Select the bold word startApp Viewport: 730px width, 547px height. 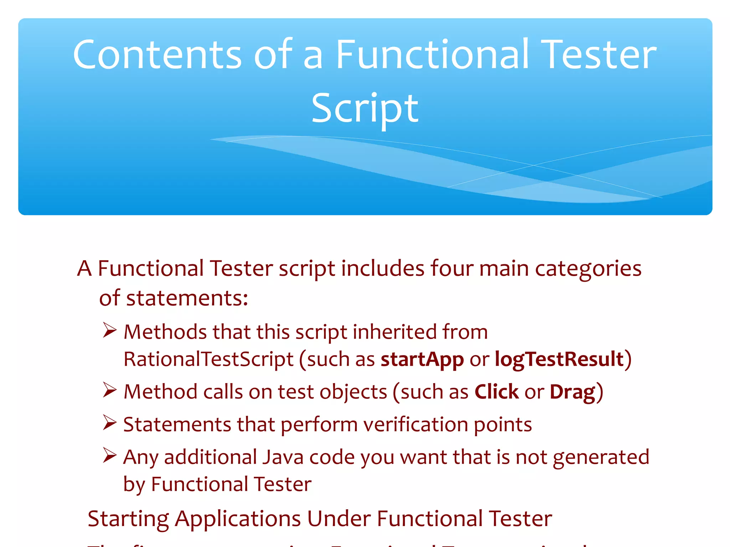(422, 359)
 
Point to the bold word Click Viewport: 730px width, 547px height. (497, 392)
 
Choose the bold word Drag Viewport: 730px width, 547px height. (572, 392)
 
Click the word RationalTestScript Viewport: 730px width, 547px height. (209, 359)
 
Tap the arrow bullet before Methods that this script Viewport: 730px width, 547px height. (109, 330)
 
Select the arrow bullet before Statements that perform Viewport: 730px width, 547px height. (109, 423)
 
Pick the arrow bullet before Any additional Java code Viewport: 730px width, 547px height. (109, 455)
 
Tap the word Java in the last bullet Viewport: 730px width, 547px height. (283, 457)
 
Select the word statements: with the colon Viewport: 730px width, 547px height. (187, 298)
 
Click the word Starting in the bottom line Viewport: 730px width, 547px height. (128, 519)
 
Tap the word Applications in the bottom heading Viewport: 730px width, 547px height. (238, 519)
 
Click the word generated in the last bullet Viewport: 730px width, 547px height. (601, 457)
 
